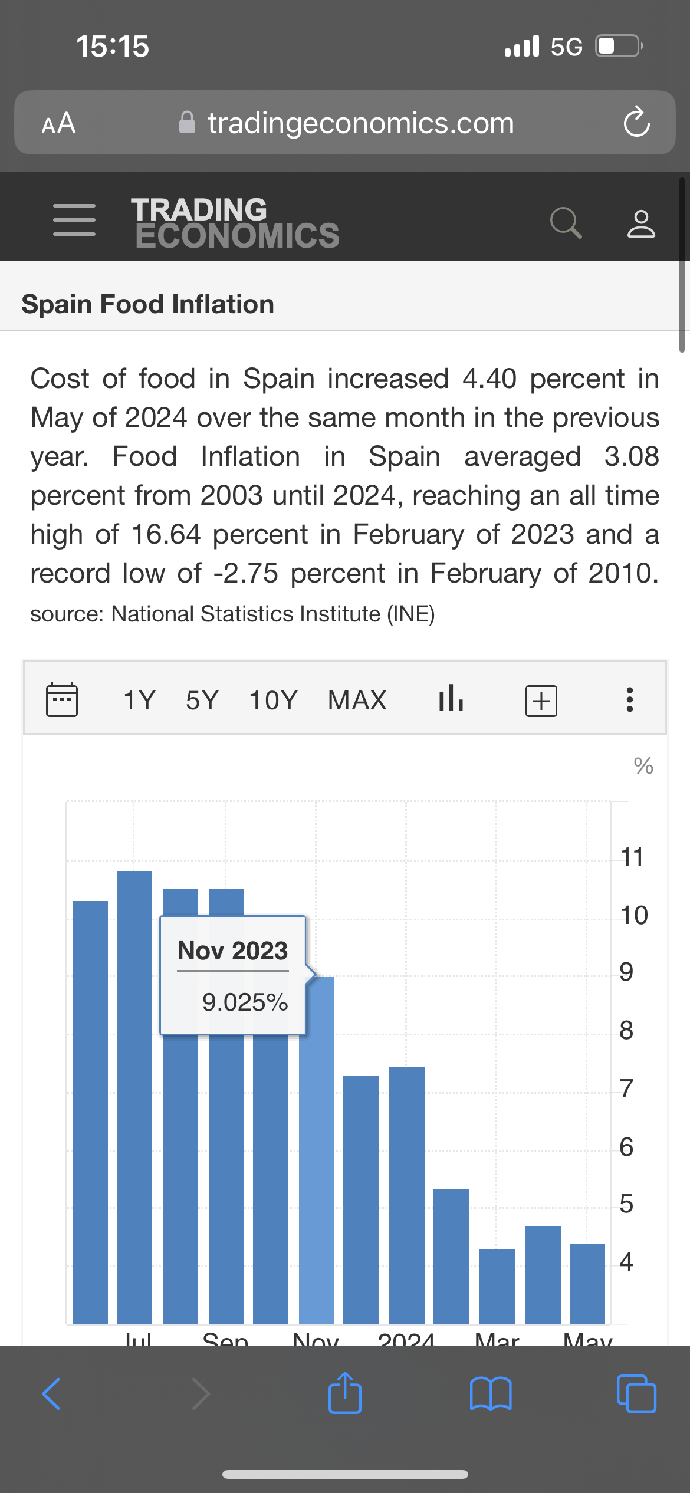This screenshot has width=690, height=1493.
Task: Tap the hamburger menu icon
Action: (74, 220)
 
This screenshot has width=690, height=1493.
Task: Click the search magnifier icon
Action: (566, 222)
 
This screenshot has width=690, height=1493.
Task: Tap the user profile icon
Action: (641, 223)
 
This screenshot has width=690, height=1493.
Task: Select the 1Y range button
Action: (139, 701)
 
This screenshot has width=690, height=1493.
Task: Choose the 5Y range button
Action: (202, 701)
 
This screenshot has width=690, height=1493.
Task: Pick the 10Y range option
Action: (273, 701)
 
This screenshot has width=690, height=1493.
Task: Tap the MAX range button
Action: (357, 701)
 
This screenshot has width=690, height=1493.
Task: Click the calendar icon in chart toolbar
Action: (62, 700)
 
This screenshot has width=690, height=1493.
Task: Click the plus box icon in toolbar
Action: (541, 701)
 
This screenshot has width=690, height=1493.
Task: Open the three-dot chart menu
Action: (630, 700)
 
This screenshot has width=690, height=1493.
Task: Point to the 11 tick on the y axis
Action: (632, 857)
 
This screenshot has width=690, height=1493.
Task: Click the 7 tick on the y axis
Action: (626, 1088)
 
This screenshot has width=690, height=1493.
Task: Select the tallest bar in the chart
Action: (134, 1097)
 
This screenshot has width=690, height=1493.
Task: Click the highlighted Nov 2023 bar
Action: (317, 1150)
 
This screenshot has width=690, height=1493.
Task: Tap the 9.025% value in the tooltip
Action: (245, 1002)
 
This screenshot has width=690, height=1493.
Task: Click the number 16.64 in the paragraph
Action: (166, 535)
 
